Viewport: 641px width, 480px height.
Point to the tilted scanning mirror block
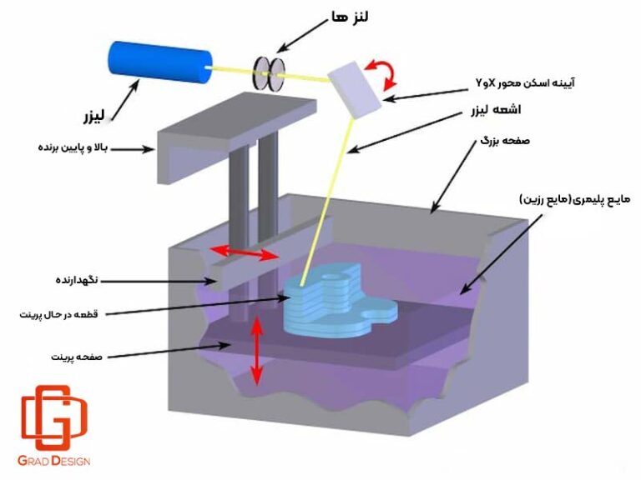(x=353, y=85)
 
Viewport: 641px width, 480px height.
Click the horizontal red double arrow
(x=243, y=252)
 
